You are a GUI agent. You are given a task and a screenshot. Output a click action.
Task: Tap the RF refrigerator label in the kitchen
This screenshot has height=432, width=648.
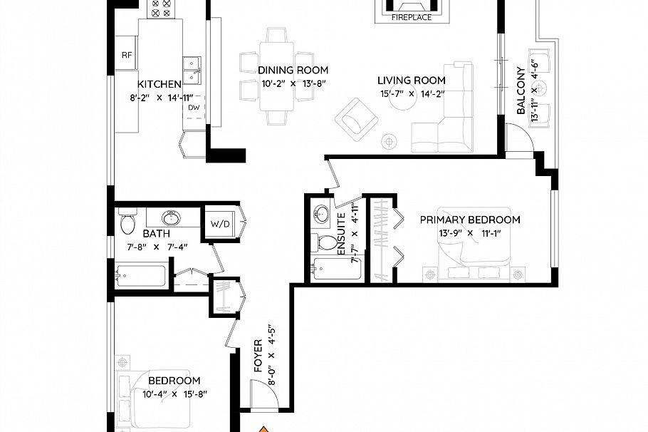[127, 55]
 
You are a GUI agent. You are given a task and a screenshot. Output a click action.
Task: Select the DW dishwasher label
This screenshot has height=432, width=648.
[194, 108]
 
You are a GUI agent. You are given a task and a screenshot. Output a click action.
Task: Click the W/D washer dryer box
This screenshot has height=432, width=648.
[221, 224]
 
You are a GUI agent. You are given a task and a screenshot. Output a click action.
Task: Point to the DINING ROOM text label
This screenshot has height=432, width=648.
[293, 70]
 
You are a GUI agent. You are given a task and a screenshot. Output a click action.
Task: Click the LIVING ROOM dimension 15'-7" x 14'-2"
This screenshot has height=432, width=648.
[411, 93]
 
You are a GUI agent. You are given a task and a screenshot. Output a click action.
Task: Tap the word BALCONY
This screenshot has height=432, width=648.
[521, 91]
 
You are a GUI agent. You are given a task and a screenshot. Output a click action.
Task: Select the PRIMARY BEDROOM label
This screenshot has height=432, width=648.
[469, 220]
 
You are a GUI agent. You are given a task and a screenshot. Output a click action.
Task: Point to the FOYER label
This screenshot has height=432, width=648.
[258, 356]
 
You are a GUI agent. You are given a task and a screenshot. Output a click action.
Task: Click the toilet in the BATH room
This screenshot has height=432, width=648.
[127, 222]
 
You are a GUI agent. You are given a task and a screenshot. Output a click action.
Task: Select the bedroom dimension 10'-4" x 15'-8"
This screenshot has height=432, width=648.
[174, 394]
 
